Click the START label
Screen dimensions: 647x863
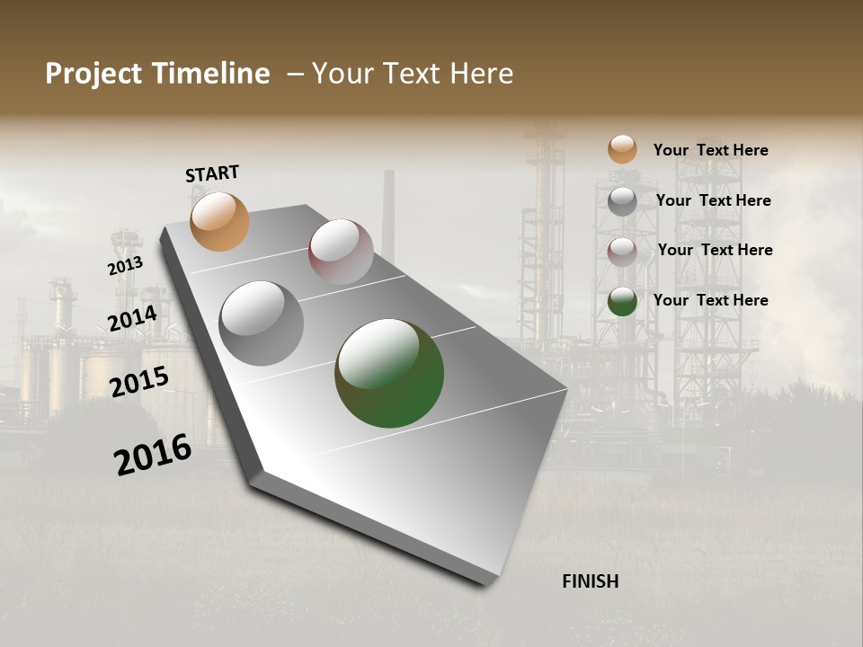212,173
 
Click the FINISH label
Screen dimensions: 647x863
590,581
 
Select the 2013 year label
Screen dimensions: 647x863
125,266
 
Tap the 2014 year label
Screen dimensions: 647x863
132,318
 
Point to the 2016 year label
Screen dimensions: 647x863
153,455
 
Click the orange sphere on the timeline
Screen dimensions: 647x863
220,221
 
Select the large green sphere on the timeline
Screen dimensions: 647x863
389,373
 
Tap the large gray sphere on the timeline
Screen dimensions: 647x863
261,323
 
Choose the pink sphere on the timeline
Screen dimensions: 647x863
341,252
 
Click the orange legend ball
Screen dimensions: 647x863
622,149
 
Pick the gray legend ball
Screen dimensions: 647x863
622,201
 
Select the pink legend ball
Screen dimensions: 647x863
622,251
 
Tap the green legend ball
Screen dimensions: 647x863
622,301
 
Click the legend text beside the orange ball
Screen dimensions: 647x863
710,150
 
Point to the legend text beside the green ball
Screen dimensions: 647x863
710,300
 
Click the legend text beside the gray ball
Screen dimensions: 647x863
713,200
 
